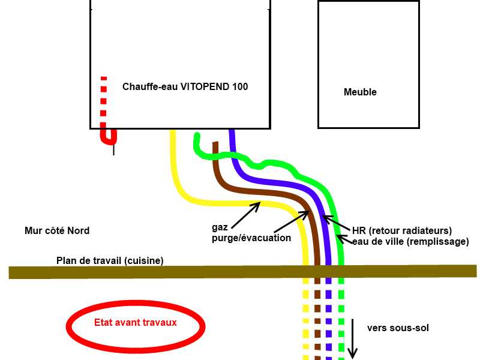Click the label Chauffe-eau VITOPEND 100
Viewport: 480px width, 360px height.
(x=185, y=86)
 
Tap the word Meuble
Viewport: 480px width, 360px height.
(x=360, y=92)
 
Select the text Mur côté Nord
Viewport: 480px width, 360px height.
(x=57, y=230)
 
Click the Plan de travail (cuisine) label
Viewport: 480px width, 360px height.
(x=110, y=260)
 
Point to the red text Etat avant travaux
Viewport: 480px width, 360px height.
(x=136, y=322)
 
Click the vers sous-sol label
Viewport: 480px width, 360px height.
(x=398, y=328)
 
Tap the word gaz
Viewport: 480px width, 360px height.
(x=220, y=227)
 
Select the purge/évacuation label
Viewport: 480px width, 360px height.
(x=251, y=238)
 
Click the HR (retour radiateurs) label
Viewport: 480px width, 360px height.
(x=402, y=230)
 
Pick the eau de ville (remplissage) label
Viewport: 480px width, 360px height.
(x=410, y=242)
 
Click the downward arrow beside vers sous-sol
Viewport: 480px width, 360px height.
(x=352, y=338)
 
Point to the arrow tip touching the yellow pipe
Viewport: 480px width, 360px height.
(x=260, y=202)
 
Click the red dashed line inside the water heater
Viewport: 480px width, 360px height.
(x=103, y=101)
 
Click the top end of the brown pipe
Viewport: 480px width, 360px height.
(x=215, y=143)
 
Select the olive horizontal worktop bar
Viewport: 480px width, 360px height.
(x=242, y=272)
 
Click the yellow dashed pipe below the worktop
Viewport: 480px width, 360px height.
(x=305, y=319)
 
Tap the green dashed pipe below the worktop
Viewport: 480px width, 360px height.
(x=341, y=319)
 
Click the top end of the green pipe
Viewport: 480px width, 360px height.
(x=197, y=134)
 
